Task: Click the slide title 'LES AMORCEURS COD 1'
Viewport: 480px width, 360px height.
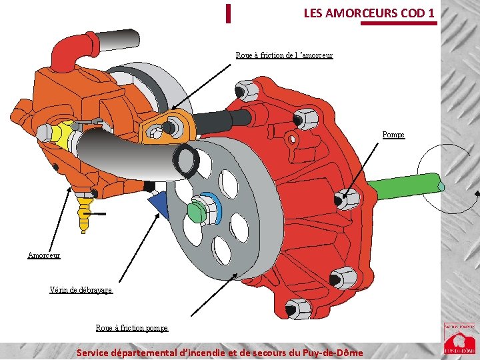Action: click(x=369, y=13)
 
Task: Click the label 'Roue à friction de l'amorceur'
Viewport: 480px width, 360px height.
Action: click(x=284, y=55)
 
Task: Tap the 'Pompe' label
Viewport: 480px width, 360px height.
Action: click(x=393, y=135)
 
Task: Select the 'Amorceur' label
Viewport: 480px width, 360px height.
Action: click(x=44, y=255)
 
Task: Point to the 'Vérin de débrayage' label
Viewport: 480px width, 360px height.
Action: click(x=81, y=290)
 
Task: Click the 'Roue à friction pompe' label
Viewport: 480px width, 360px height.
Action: click(x=132, y=328)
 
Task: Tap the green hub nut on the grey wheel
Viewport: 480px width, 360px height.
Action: click(x=197, y=211)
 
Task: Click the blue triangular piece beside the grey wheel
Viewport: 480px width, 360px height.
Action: click(x=159, y=204)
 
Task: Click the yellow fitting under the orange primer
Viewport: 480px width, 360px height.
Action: click(x=84, y=211)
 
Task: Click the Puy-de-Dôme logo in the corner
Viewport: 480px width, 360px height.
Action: click(x=460, y=338)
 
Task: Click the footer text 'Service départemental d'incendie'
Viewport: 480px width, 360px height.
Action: click(x=220, y=352)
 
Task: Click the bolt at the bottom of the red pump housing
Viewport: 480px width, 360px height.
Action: click(x=298, y=309)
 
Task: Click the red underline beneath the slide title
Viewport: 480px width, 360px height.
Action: click(x=399, y=23)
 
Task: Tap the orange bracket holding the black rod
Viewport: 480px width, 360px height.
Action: click(x=167, y=126)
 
